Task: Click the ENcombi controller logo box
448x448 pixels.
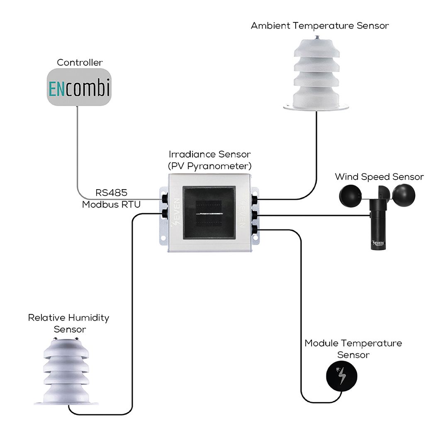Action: tap(79, 87)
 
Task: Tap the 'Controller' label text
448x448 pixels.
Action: tap(80, 62)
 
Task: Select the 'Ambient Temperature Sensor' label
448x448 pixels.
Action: tap(320, 26)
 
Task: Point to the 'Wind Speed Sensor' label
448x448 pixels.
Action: tap(379, 177)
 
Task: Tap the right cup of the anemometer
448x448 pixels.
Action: tap(404, 195)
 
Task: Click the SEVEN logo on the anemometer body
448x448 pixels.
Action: tap(378, 243)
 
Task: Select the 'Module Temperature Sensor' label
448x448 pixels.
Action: tap(353, 349)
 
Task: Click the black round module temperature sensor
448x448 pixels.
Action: tap(342, 376)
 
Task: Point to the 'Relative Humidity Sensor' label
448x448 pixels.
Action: tap(68, 324)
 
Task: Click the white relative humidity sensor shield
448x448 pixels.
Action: tap(66, 371)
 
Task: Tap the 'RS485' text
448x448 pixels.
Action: tap(111, 193)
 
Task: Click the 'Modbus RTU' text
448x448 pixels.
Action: tap(111, 205)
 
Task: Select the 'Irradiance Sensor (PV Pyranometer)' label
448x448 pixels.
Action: tap(210, 160)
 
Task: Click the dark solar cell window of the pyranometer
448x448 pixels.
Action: tap(209, 213)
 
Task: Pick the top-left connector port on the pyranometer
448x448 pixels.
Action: tap(165, 198)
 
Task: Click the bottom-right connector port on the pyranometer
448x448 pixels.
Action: tap(254, 229)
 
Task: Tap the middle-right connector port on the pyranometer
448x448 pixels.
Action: tap(254, 215)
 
